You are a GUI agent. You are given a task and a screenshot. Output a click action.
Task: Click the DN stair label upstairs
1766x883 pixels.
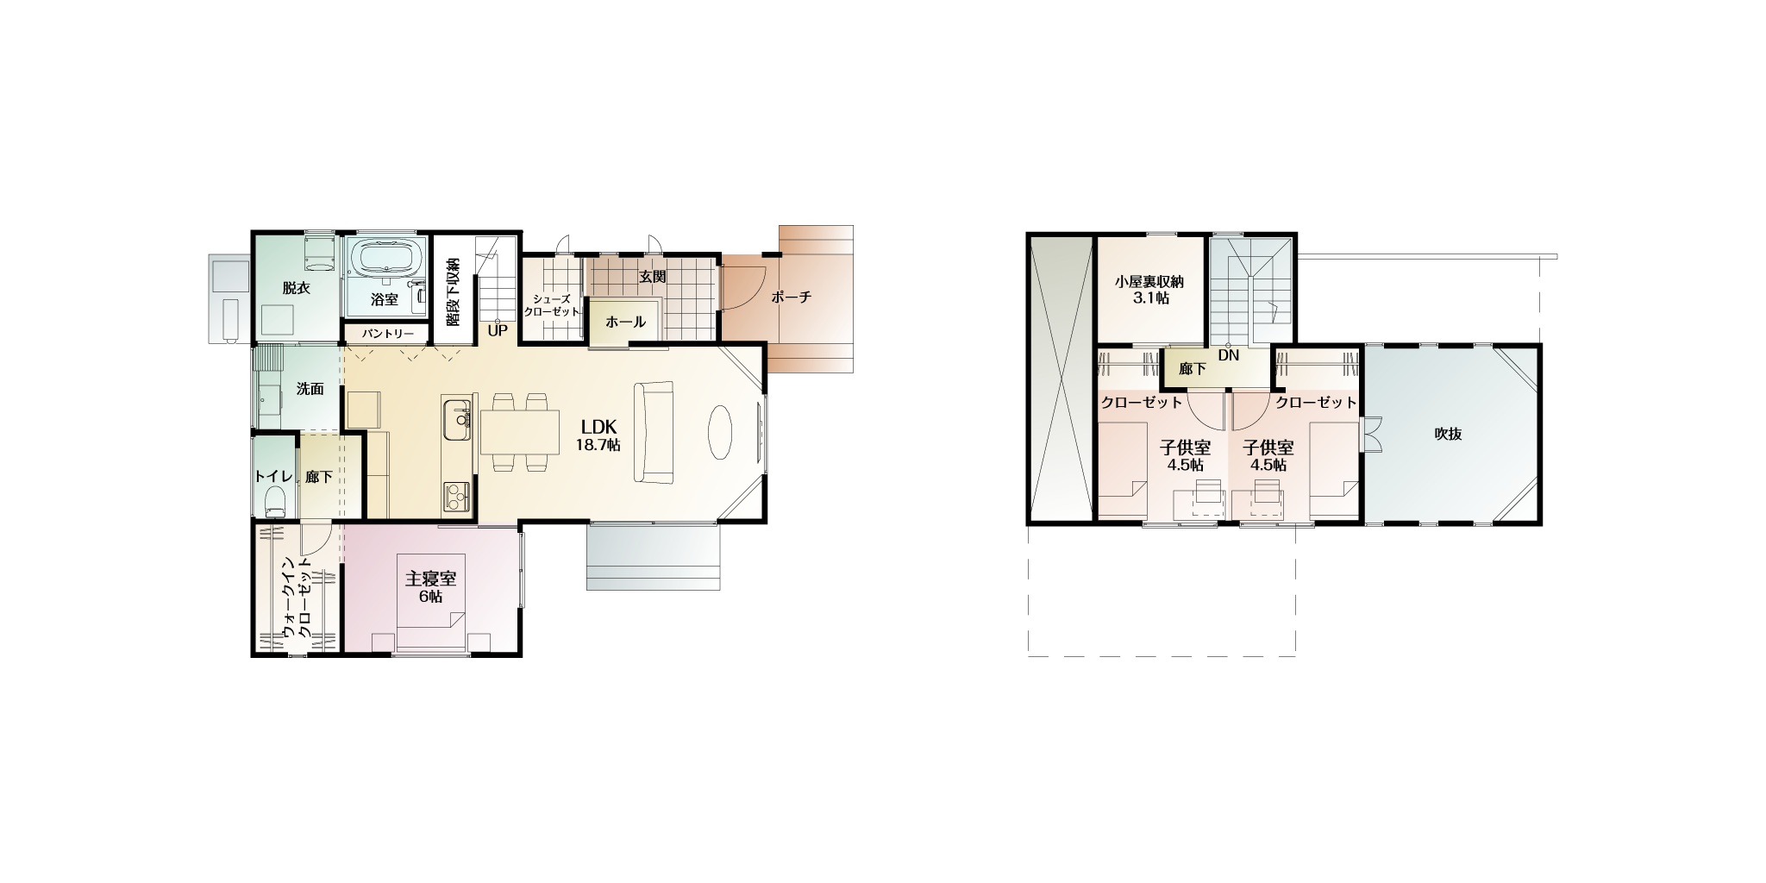point(1228,355)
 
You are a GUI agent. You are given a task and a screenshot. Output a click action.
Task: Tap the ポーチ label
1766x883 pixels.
point(791,297)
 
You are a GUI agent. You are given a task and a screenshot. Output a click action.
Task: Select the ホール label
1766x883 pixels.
point(625,323)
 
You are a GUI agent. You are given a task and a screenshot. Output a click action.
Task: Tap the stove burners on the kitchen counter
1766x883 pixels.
point(456,495)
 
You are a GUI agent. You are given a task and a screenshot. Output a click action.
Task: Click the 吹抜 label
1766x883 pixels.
point(1448,434)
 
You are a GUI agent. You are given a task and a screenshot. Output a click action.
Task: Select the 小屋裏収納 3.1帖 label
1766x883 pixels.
point(1150,290)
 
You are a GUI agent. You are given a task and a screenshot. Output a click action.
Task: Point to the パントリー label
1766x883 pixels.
point(388,334)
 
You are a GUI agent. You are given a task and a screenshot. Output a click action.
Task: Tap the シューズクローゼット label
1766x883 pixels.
point(552,304)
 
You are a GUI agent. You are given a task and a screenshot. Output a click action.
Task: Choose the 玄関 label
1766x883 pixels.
point(652,277)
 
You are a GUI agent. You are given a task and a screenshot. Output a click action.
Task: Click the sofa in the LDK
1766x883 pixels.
point(653,434)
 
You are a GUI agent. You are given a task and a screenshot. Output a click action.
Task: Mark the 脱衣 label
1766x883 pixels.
point(296,288)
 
